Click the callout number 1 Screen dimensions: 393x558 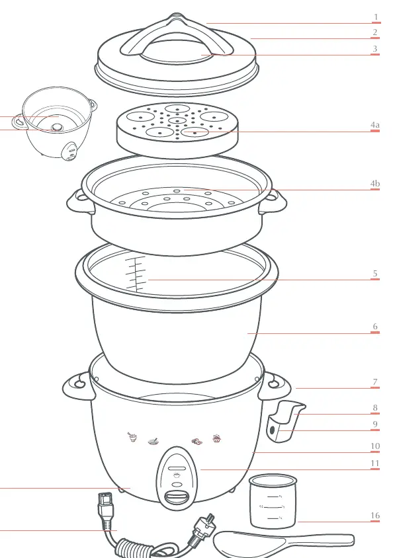point(376,17)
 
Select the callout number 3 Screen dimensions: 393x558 point(375,48)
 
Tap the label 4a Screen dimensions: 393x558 point(375,124)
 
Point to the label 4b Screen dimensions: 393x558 point(375,183)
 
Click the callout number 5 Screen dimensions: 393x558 point(375,273)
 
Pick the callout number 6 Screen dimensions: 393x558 point(375,327)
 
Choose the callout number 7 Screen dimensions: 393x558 point(375,382)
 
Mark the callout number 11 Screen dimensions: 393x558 point(375,463)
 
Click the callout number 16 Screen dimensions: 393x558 point(375,515)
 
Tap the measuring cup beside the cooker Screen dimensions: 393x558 point(273,500)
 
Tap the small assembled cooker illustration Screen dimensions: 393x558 point(54,123)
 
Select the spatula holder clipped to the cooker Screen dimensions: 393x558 point(284,421)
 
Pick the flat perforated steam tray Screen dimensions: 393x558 point(177,130)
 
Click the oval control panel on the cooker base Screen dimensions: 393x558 point(176,475)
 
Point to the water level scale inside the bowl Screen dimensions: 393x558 point(136,273)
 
